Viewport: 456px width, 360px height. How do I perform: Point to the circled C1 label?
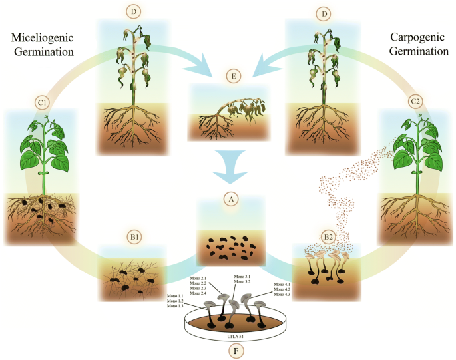(x=42, y=103)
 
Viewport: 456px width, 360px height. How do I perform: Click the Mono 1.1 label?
(x=176, y=295)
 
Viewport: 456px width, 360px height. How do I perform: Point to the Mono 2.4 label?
(x=199, y=293)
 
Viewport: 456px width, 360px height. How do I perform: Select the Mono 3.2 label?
(x=243, y=282)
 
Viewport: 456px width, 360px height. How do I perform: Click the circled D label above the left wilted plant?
(x=132, y=13)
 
